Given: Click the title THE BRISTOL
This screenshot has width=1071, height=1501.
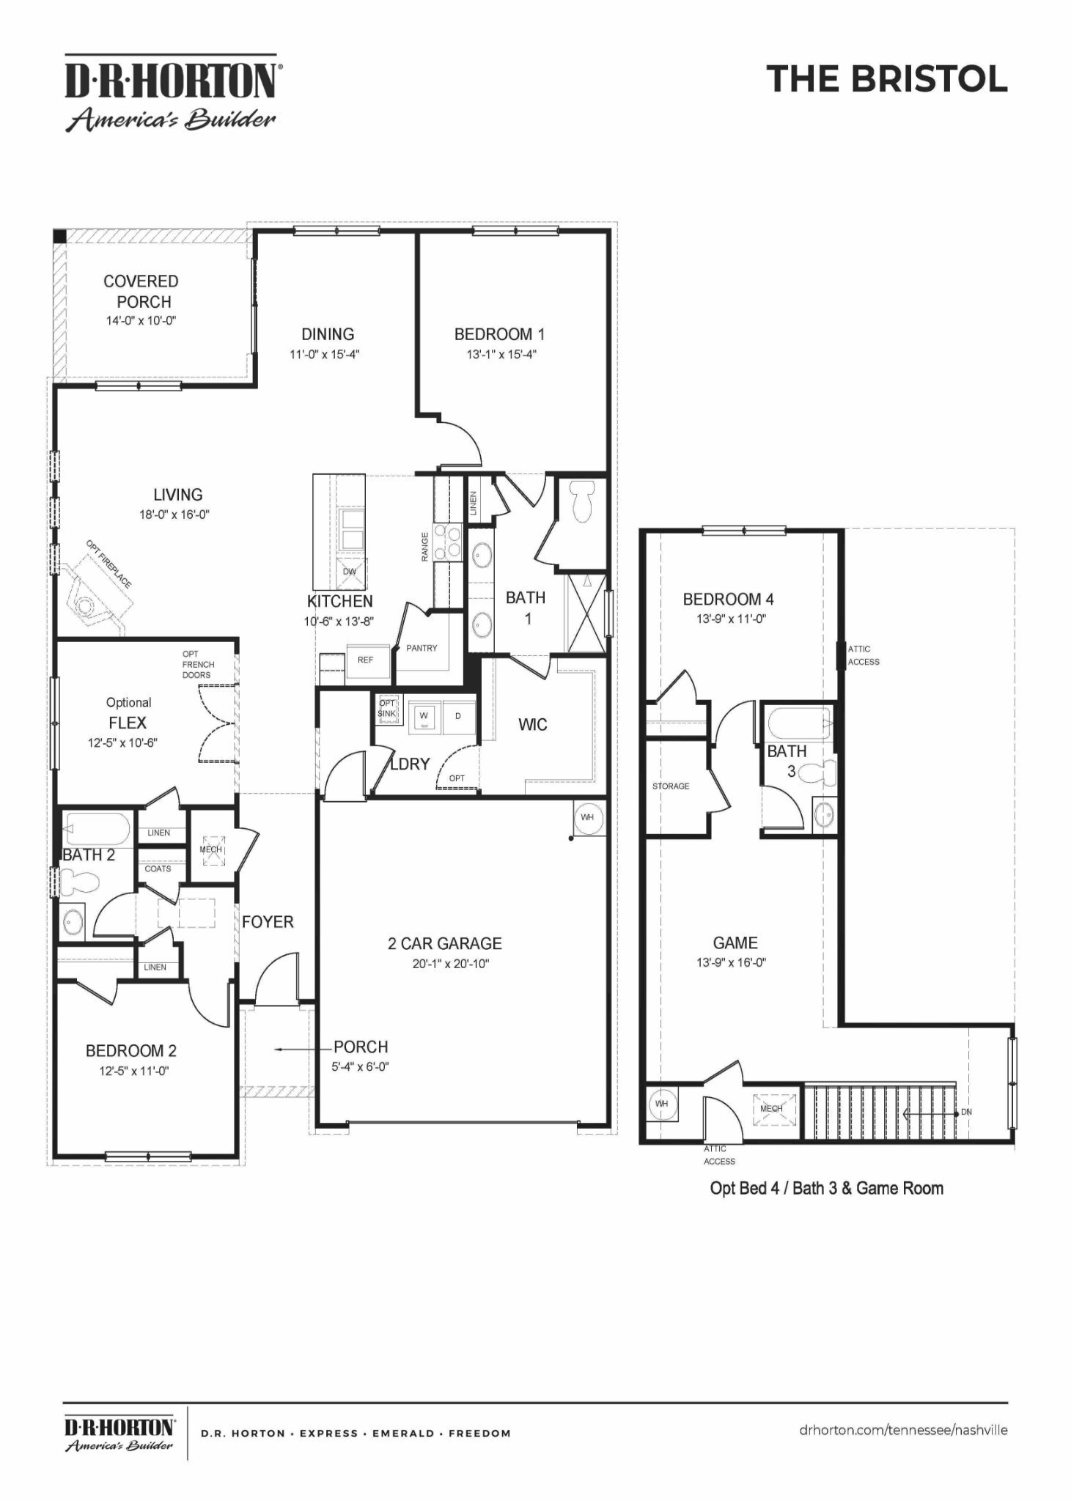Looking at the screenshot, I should click(x=887, y=79).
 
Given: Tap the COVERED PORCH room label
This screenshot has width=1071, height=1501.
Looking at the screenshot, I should click(x=141, y=291).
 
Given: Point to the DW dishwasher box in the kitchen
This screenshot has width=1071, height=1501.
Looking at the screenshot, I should click(x=350, y=572).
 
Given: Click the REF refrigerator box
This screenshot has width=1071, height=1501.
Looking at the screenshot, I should click(x=366, y=660).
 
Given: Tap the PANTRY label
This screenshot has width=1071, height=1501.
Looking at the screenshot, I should click(x=422, y=648).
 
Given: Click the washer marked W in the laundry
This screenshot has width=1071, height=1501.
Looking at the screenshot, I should click(x=424, y=716).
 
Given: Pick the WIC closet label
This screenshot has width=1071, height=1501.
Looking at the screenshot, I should click(x=532, y=725).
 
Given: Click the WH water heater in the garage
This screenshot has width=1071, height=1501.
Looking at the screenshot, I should click(x=588, y=817).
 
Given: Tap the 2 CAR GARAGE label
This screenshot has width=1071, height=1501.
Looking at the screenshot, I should click(x=445, y=943).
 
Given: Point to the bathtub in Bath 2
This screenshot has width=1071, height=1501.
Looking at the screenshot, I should click(x=97, y=830).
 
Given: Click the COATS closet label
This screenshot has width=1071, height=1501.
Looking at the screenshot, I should click(x=158, y=868).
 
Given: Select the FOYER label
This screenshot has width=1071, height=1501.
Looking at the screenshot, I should click(x=268, y=922).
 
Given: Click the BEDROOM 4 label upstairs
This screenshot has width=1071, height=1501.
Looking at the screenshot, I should click(x=728, y=600).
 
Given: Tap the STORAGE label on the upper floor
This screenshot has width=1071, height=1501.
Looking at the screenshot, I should click(x=671, y=786).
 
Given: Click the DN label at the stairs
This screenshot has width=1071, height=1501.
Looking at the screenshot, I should click(x=966, y=1112).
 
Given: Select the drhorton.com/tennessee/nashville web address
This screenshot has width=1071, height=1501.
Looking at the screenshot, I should click(x=903, y=1430).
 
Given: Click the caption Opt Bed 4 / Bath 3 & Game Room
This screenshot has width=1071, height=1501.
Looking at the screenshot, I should click(x=826, y=1188).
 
